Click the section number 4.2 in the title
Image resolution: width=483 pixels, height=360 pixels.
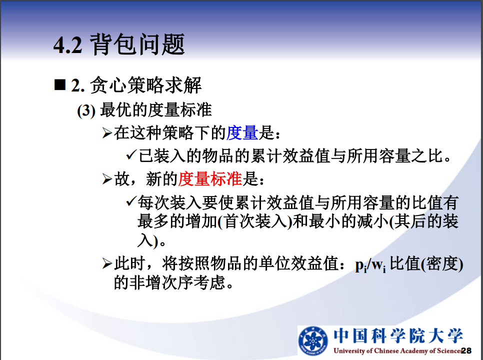[x=68, y=45]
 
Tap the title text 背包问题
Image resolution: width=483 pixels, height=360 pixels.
[x=137, y=44]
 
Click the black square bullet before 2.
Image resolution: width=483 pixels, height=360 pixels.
[x=60, y=84]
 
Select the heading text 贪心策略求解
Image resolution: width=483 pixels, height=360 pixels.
[x=145, y=85]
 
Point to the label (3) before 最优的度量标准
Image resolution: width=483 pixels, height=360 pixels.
[x=86, y=110]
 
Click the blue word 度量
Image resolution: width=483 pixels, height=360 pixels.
[x=242, y=133]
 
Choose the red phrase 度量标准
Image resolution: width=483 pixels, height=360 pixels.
[x=210, y=179]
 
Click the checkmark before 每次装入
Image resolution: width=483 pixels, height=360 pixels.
[x=131, y=201]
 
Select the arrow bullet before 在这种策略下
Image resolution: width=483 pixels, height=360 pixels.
[x=107, y=133]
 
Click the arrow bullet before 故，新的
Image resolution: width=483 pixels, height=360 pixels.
[x=107, y=179]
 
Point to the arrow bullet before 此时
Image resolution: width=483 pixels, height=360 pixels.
[x=107, y=264]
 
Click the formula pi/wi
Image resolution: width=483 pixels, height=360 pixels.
[x=370, y=265]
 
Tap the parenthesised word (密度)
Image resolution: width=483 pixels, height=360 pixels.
[x=442, y=264]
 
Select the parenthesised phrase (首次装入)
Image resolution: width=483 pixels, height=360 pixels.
[x=254, y=221]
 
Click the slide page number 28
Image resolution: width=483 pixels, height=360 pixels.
[x=466, y=350]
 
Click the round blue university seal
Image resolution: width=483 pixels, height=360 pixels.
[x=313, y=340]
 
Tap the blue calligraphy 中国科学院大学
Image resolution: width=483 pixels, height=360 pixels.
[x=398, y=335]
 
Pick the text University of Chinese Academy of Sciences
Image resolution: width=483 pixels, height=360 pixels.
[x=397, y=351]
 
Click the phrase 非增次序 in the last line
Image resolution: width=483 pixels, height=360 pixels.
[x=161, y=282]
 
